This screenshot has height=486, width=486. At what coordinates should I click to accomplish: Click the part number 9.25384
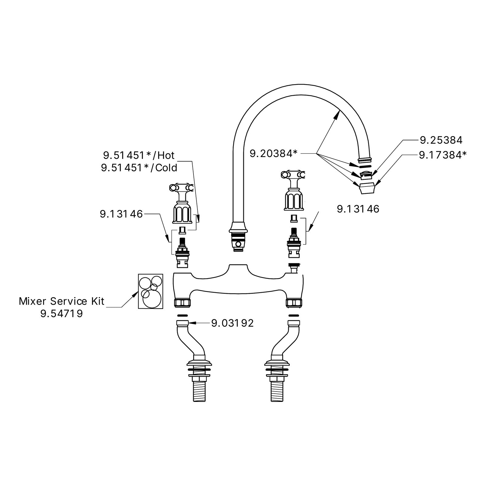click(441, 140)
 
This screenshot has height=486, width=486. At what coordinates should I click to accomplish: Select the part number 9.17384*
click(443, 155)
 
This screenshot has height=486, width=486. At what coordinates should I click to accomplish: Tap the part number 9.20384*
click(273, 154)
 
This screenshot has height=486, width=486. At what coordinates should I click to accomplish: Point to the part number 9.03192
click(232, 323)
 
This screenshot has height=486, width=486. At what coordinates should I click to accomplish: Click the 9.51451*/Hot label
click(139, 156)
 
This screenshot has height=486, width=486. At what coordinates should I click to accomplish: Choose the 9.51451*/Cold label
click(139, 168)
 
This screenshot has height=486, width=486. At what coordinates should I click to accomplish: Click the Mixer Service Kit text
click(62, 301)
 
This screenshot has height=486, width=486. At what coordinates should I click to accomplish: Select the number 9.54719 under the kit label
click(62, 313)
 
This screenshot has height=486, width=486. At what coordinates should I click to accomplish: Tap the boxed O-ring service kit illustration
click(151, 291)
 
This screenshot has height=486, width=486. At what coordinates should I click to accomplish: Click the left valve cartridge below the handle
click(183, 253)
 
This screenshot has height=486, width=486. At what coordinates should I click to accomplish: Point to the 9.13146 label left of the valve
click(121, 214)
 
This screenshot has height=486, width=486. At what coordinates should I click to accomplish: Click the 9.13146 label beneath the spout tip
click(358, 209)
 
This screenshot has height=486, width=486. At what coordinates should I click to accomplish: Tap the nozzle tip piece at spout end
click(367, 189)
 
